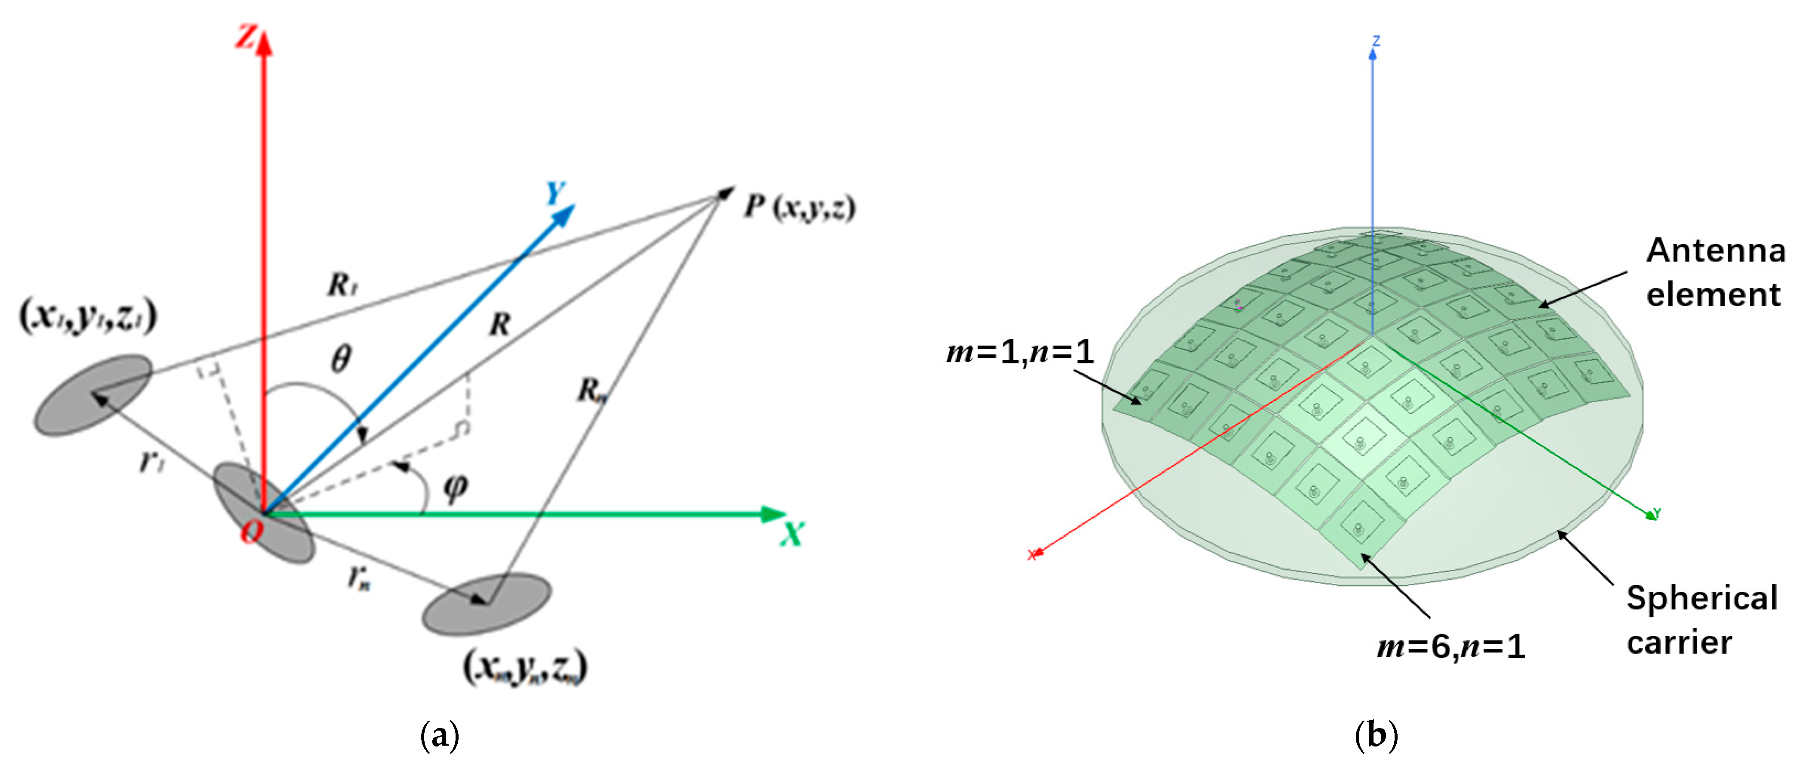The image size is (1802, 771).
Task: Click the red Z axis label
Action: pos(245,37)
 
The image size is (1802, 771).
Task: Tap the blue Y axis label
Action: pos(555,192)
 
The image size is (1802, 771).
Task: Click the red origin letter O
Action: pos(251,532)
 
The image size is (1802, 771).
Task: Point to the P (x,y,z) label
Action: pos(799,207)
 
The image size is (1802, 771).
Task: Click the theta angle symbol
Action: pos(341,359)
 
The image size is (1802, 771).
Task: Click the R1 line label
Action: pos(343,285)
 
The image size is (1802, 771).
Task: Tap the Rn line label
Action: pos(591,390)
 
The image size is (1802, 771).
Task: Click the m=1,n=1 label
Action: pos(1019,352)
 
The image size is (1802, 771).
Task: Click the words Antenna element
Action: pos(1715,272)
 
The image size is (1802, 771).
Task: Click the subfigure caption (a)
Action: pos(439,736)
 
